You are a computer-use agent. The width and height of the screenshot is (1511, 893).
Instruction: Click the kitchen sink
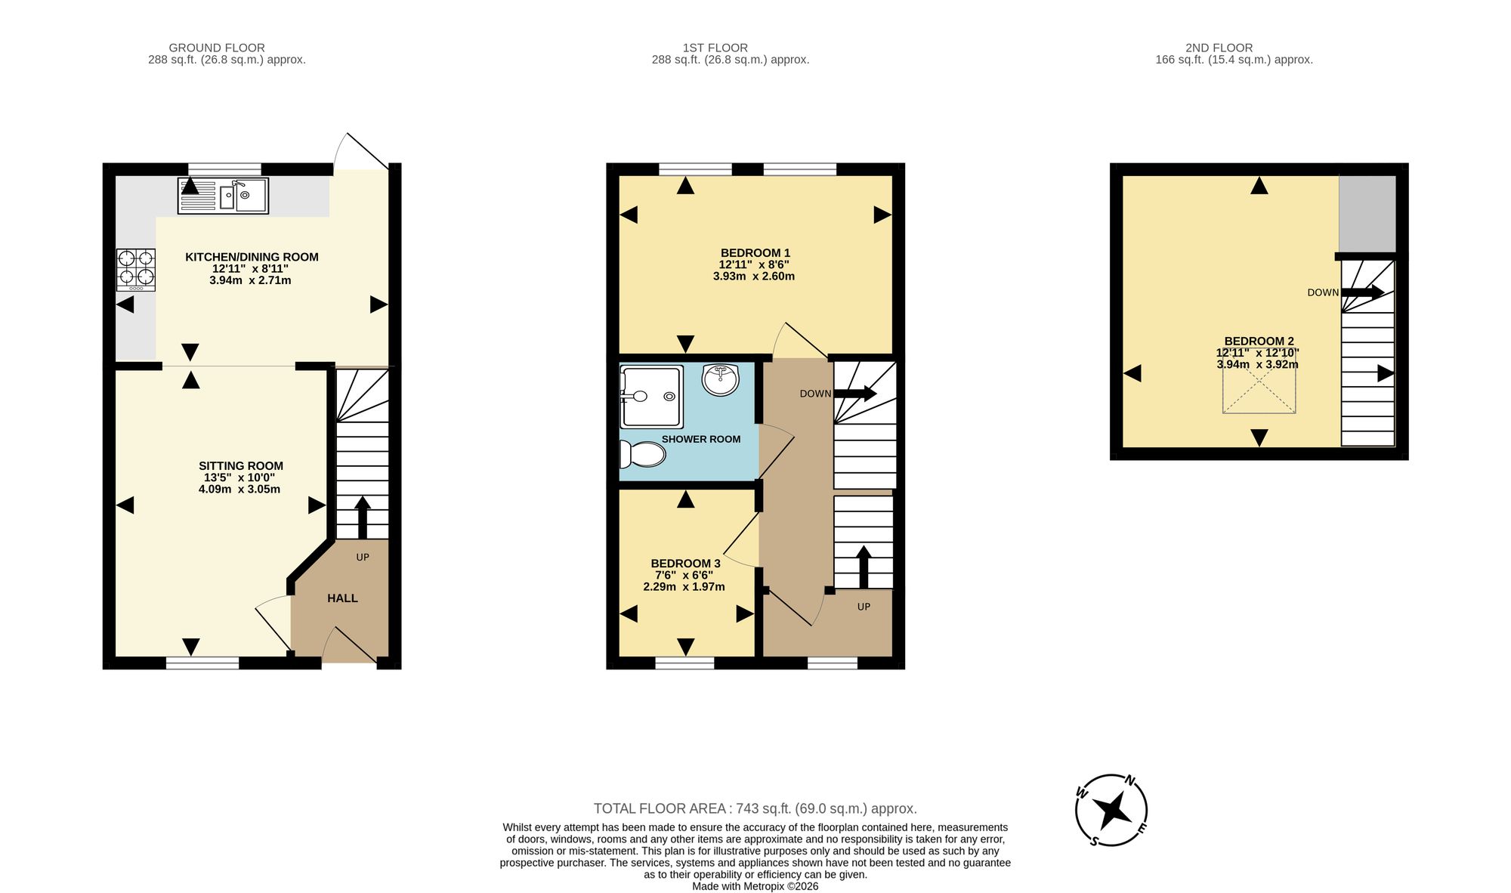(223, 196)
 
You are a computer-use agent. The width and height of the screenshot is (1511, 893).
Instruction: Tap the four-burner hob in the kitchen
(136, 270)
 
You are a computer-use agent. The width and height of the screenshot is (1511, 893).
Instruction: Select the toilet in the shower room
(642, 454)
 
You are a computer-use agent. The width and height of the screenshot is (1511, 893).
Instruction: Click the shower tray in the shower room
(651, 397)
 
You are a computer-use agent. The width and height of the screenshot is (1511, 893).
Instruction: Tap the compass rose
(1111, 811)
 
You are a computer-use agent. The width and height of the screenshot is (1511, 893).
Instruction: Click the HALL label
(342, 598)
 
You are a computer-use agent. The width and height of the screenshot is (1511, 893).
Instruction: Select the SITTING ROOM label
(241, 466)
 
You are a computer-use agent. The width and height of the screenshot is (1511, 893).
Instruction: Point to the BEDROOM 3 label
(685, 564)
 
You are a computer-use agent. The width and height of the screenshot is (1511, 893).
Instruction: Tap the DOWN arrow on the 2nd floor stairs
(1363, 292)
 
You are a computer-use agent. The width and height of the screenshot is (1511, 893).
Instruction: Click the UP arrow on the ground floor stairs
(362, 517)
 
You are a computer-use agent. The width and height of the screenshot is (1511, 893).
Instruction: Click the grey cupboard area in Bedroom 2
(1367, 214)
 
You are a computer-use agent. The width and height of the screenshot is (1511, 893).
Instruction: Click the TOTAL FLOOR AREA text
(755, 808)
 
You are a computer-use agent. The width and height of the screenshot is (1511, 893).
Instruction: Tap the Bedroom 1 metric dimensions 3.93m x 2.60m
(753, 277)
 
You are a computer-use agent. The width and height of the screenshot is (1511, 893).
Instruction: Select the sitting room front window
(202, 663)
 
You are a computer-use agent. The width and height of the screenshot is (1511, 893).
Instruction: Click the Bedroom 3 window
(684, 663)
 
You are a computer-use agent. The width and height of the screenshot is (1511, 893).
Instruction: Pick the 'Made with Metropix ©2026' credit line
(755, 886)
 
